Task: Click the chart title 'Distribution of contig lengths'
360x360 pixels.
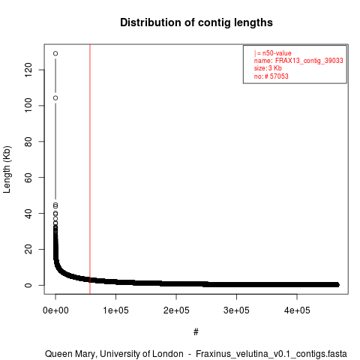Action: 196,22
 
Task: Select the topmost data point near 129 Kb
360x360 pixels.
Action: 55,53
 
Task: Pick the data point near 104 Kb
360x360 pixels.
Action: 55,98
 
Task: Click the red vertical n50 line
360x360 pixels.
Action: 90,169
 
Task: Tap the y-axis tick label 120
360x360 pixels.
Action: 28,70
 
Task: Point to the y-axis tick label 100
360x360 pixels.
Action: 28,106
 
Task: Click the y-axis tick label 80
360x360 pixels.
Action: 28,142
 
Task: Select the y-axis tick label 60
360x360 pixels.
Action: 28,177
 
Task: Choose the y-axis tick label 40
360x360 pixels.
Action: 28,213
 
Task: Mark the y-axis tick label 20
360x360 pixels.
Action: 28,249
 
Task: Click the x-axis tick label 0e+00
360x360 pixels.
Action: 55,310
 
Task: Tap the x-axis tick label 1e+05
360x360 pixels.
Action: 115,310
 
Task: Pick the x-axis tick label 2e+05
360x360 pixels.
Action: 176,310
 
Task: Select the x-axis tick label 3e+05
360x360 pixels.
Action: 236,310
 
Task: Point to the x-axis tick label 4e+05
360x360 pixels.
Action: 297,310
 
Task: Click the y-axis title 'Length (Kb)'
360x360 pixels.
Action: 7,169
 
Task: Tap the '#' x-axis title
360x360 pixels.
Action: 196,332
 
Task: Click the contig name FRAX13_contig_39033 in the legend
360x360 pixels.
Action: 309,61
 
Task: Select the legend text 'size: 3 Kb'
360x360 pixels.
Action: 268,68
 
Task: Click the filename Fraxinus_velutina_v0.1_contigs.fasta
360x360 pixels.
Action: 271,354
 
